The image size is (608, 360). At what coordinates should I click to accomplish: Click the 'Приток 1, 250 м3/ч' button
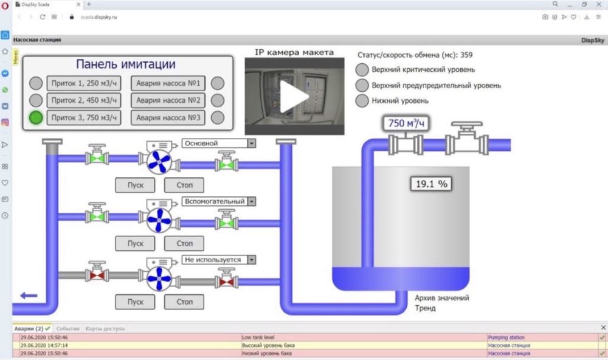click(x=83, y=83)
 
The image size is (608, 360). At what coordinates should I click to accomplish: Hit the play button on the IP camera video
click(x=295, y=96)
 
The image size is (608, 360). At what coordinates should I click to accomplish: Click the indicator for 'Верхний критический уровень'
click(x=362, y=70)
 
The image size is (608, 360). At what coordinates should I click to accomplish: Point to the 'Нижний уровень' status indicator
click(x=362, y=101)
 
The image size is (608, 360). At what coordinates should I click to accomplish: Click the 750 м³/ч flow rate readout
click(x=406, y=124)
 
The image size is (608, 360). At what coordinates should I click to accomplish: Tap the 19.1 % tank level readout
click(x=431, y=183)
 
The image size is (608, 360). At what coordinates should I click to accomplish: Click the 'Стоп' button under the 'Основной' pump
click(x=184, y=185)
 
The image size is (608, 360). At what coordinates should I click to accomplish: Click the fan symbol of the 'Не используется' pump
click(x=160, y=281)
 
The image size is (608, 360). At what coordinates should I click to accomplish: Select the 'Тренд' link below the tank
click(x=425, y=308)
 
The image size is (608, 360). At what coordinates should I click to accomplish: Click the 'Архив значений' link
click(x=441, y=298)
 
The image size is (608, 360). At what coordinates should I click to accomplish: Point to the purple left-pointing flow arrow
click(x=29, y=296)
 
